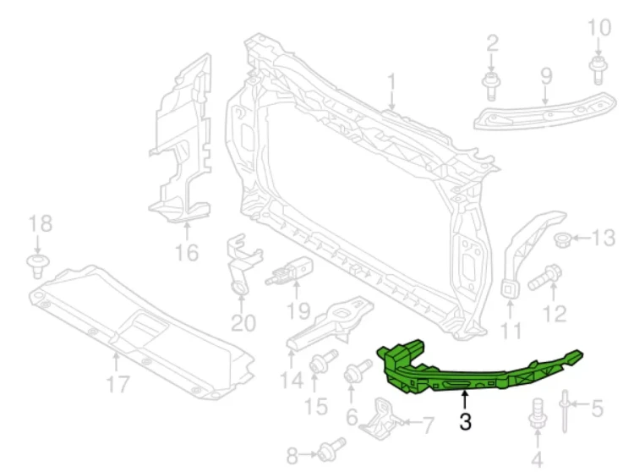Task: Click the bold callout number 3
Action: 465,421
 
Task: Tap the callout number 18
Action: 41,222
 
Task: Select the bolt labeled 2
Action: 491,85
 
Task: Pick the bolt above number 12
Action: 545,277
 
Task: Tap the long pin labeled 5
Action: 564,410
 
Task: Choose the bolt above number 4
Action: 538,414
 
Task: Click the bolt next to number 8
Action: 331,448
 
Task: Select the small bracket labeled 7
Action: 380,420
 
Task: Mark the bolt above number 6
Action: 358,370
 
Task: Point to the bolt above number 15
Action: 323,360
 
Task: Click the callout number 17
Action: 118,384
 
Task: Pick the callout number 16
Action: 187,253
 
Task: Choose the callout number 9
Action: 546,76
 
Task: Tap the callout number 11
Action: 511,330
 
